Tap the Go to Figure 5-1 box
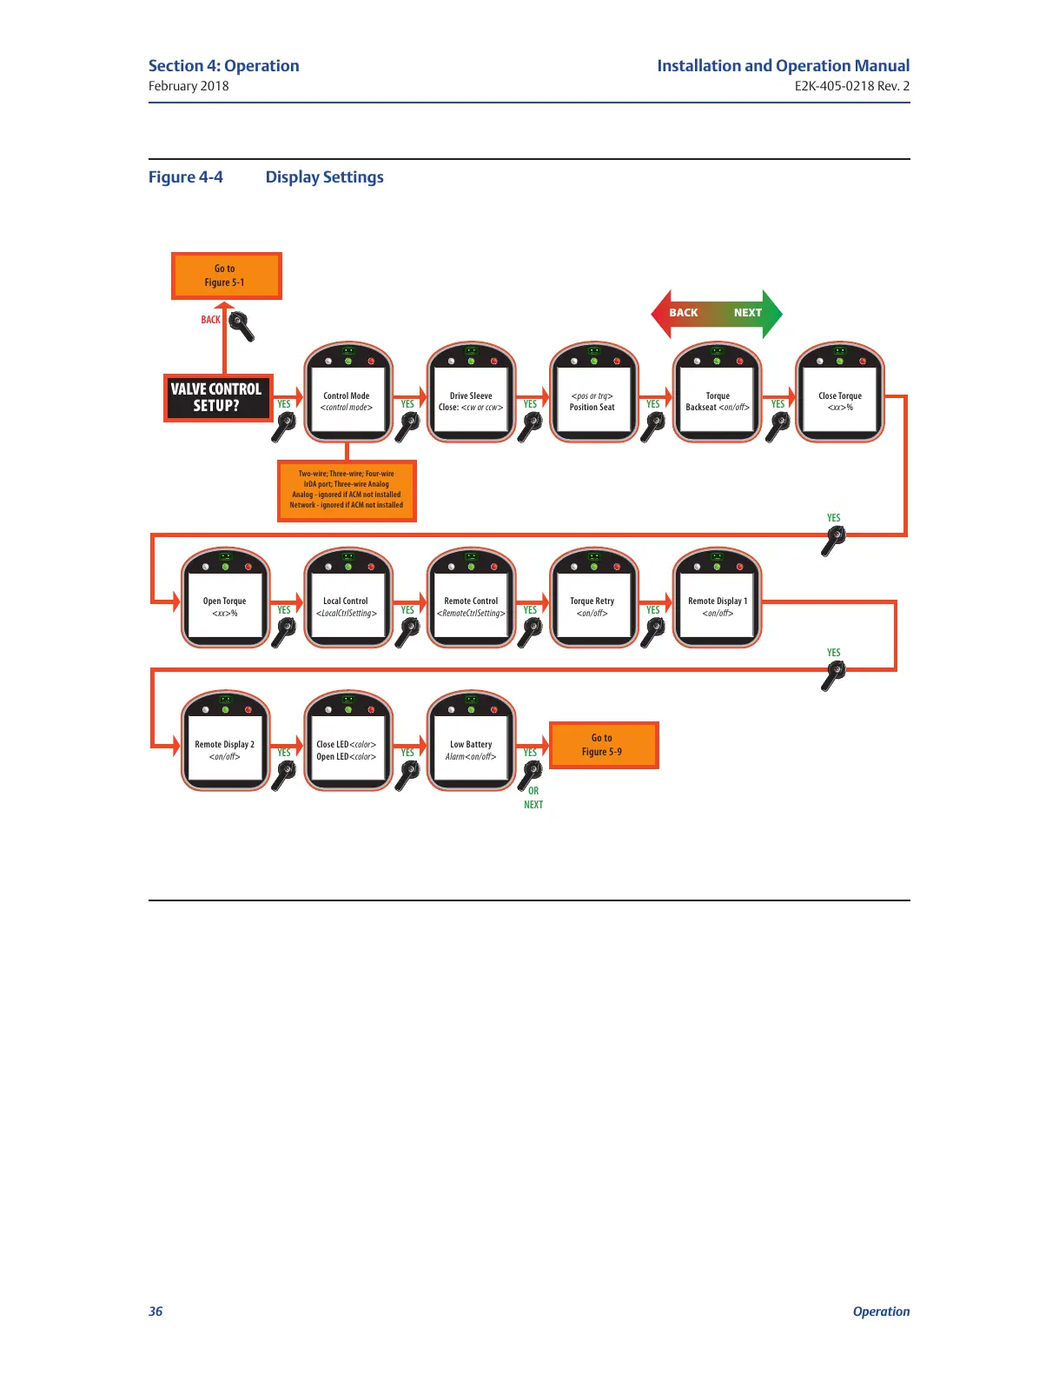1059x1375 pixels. (226, 276)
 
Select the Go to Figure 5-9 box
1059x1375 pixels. (603, 745)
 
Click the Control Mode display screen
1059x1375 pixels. (347, 402)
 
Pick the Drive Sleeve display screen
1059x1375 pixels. (471, 402)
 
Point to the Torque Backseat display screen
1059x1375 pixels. (718, 402)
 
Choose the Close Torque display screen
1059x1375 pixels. (840, 402)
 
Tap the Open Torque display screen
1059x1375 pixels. (225, 607)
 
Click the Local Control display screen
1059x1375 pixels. (347, 607)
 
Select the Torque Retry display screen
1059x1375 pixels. (593, 607)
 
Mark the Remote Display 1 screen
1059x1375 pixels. (718, 607)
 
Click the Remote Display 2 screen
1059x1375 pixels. (225, 750)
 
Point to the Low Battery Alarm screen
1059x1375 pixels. (471, 750)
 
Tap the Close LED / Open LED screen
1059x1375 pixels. (347, 750)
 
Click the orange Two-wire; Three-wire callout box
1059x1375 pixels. (347, 490)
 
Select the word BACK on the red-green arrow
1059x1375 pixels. (684, 313)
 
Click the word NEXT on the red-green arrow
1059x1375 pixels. (747, 313)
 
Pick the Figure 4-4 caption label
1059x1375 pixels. (186, 177)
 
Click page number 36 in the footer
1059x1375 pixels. (156, 1312)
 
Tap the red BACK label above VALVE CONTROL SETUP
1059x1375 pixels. (210, 320)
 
